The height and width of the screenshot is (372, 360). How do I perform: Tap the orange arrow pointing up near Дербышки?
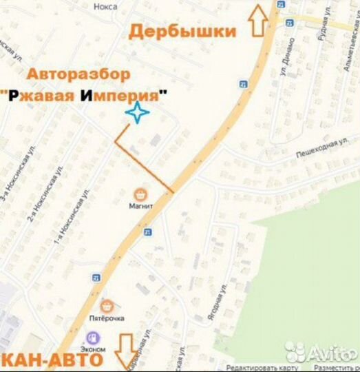coord(259,19)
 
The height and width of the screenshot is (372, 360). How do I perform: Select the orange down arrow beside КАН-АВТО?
coord(125,351)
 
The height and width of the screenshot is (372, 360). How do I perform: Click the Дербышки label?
coord(182,31)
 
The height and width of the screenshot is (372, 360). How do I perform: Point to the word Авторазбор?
coord(78,74)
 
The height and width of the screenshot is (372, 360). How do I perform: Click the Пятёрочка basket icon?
coord(107,305)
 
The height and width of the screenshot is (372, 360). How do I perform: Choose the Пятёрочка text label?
coord(105,318)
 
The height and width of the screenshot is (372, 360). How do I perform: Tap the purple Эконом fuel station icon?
coord(92,338)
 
